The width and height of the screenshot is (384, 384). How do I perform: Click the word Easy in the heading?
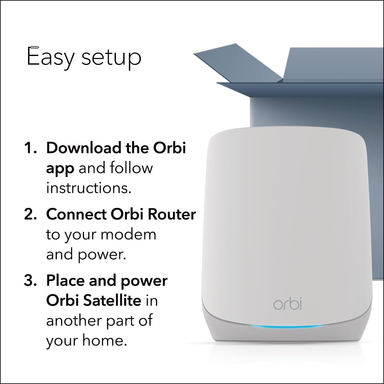(51, 58)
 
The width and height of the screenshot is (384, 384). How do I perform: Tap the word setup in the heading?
(111, 58)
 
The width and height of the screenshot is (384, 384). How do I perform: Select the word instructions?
(89, 188)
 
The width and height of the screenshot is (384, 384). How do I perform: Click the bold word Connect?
(76, 214)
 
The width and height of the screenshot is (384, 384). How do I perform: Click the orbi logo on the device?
(287, 304)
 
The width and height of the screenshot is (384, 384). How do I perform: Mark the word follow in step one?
(132, 168)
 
